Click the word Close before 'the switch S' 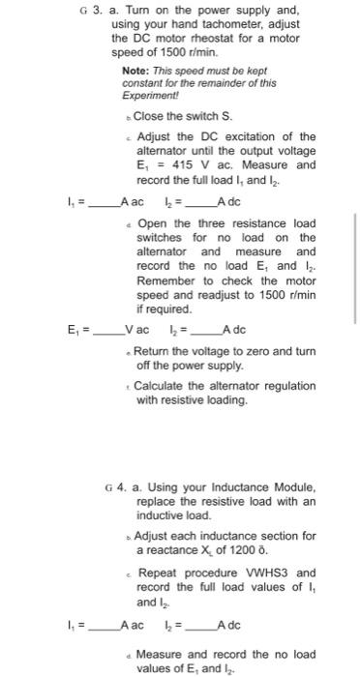click(x=151, y=116)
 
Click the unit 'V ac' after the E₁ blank click(x=141, y=331)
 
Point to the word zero click(x=255, y=349)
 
